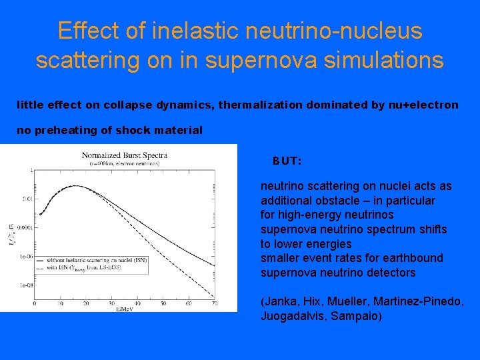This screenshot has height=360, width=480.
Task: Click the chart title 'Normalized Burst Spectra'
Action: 125,155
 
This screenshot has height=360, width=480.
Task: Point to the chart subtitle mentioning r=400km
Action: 125,163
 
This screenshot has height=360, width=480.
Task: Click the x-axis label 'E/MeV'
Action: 123,309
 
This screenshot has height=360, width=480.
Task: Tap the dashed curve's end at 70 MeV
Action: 215,297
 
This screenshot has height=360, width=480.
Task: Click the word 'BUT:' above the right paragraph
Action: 287,161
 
